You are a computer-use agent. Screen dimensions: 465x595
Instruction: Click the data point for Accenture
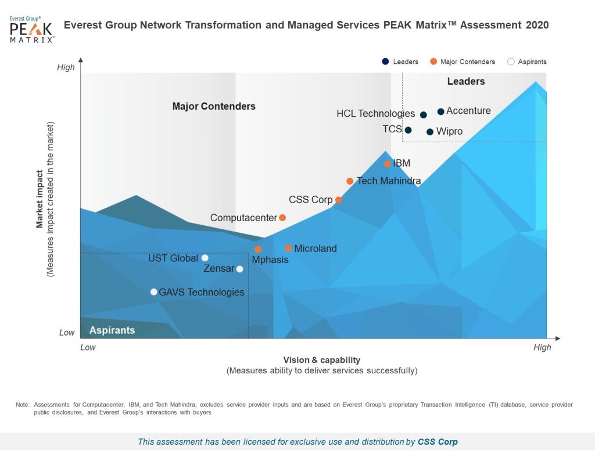(x=441, y=111)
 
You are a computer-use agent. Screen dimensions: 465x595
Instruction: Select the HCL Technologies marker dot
(x=424, y=115)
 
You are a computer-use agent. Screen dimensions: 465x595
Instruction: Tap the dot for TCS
(x=408, y=130)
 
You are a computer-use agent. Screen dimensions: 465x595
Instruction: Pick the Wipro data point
(x=430, y=132)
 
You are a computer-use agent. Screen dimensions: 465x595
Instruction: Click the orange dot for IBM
(x=388, y=164)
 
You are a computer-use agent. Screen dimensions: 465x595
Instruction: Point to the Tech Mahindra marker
(x=350, y=181)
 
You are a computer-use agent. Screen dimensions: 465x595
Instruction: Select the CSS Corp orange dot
(x=339, y=200)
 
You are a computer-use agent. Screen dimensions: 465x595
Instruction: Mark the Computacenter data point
(x=282, y=218)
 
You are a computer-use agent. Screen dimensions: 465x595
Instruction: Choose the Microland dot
(x=288, y=248)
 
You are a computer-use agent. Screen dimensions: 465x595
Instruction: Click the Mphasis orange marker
(x=258, y=249)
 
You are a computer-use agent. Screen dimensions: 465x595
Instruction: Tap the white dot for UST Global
(x=205, y=258)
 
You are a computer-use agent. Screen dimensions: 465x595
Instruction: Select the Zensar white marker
(x=239, y=269)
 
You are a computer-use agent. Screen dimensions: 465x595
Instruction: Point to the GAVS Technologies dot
(x=154, y=292)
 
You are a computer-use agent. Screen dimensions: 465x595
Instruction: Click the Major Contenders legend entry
(x=463, y=62)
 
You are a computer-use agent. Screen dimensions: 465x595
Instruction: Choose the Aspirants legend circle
(x=511, y=62)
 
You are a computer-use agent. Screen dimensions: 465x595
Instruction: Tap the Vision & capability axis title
(x=321, y=360)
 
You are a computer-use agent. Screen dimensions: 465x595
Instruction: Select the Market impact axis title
(x=40, y=199)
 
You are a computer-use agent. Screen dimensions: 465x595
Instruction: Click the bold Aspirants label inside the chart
(x=112, y=330)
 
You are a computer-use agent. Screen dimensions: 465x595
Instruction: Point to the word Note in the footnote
(x=22, y=405)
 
